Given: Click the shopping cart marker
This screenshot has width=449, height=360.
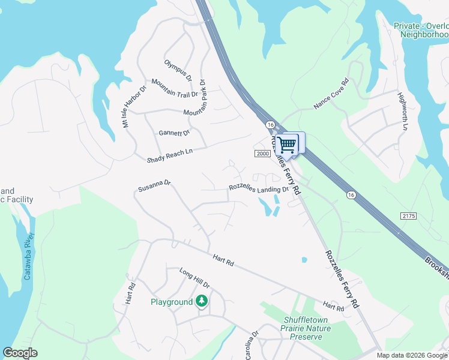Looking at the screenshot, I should (288, 144).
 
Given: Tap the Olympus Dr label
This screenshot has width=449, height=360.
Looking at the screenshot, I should (177, 70).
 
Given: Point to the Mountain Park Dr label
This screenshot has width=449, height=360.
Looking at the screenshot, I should (199, 98).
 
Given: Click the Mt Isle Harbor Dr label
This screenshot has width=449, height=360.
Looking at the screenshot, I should (135, 107).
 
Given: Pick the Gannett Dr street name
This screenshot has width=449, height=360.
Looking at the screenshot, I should (174, 133).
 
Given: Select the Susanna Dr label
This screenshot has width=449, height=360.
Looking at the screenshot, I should (155, 188).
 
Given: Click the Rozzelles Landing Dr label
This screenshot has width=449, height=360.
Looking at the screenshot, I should (259, 188).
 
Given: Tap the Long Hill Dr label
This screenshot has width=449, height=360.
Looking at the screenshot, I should (194, 278).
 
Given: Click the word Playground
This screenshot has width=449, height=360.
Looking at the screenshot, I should (171, 302).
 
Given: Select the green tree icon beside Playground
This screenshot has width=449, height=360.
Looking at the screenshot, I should (203, 301).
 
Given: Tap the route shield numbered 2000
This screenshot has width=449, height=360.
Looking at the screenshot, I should (262, 154).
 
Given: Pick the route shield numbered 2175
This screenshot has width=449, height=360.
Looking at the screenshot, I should (408, 215).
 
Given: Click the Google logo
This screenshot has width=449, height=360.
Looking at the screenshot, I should (20, 353).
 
